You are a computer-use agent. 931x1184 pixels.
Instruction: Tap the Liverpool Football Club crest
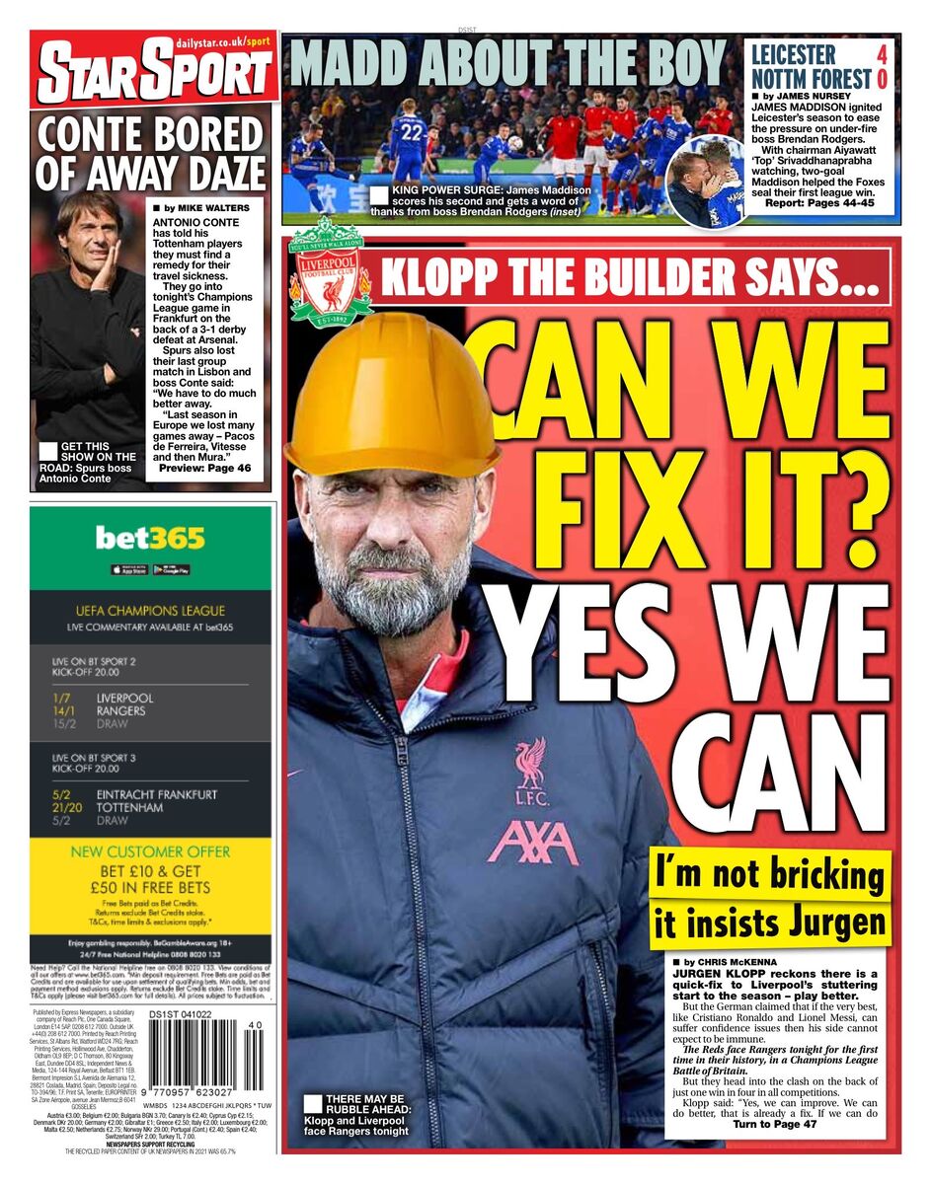tap(330, 273)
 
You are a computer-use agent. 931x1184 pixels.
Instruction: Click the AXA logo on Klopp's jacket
tap(532, 842)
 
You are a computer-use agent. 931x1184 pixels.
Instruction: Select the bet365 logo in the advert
tap(150, 538)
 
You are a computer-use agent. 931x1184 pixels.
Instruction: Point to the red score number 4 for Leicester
tap(882, 54)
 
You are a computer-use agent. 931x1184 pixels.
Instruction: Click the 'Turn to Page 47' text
tap(775, 1124)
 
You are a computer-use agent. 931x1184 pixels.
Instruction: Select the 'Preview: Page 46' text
tap(204, 469)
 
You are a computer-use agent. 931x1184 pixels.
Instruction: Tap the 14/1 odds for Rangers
tap(64, 710)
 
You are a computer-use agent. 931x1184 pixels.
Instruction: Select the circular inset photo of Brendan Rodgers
tap(705, 182)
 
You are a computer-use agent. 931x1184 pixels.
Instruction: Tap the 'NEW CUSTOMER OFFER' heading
tap(151, 851)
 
